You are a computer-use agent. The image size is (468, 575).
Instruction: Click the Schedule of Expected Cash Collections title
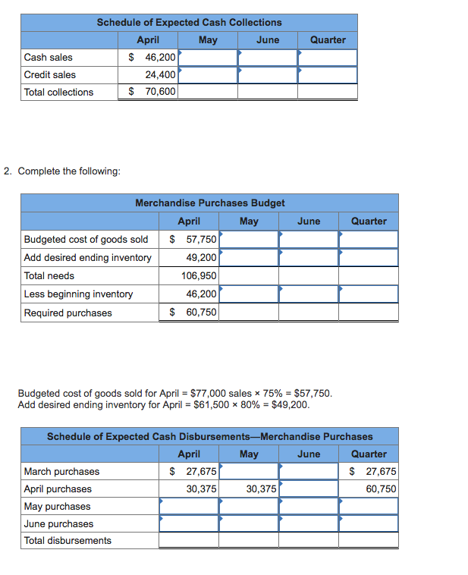pyautogui.click(x=189, y=23)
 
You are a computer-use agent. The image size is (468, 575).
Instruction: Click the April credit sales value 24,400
pyautogui.click(x=160, y=74)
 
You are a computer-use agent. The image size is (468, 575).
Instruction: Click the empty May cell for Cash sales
pyautogui.click(x=207, y=57)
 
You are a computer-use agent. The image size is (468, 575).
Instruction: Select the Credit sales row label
pyautogui.click(x=50, y=74)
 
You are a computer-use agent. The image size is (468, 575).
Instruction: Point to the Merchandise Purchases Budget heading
pyautogui.click(x=209, y=203)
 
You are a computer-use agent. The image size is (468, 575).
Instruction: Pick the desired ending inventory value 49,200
pyautogui.click(x=201, y=257)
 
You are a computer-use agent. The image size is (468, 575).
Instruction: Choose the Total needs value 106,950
pyautogui.click(x=199, y=276)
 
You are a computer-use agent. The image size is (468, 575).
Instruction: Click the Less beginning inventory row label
pyautogui.click(x=78, y=294)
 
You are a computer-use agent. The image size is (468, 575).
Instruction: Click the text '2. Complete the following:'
pyautogui.click(x=61, y=171)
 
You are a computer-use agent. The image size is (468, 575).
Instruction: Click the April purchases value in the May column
pyautogui.click(x=261, y=489)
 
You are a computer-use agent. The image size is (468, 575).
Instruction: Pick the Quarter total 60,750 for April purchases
pyautogui.click(x=381, y=489)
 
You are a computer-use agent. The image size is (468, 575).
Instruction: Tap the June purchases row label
pyautogui.click(x=58, y=523)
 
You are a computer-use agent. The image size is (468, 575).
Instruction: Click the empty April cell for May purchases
pyautogui.click(x=188, y=506)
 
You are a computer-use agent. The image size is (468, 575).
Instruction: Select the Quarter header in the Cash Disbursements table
pyautogui.click(x=369, y=454)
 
